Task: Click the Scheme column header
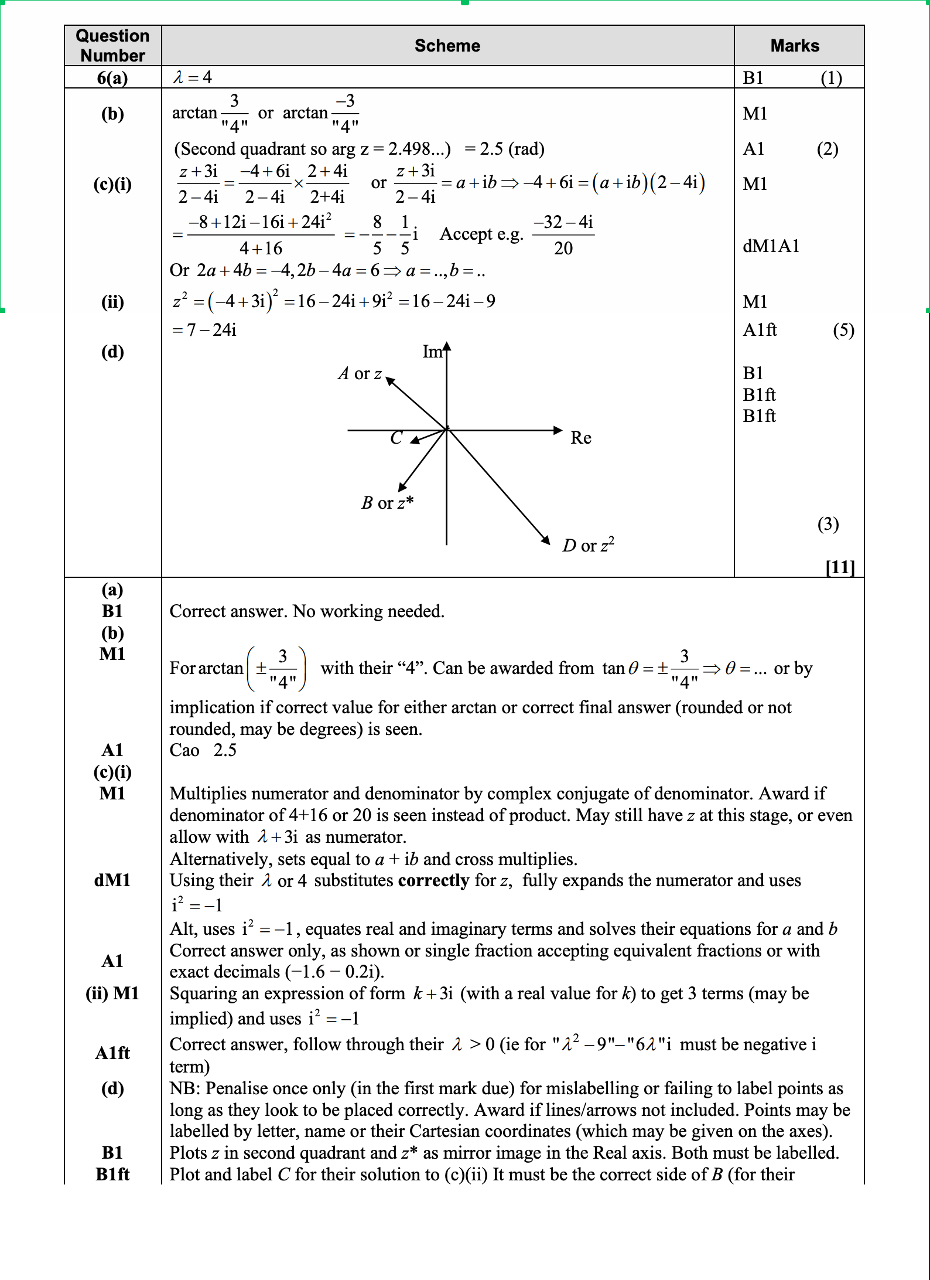click(x=447, y=46)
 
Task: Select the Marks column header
click(x=795, y=46)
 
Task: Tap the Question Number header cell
click(x=112, y=46)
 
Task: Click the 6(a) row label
click(x=112, y=78)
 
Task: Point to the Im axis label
click(x=432, y=352)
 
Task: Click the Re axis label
click(x=580, y=438)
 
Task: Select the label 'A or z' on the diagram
click(x=360, y=374)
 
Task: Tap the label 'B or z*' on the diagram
click(x=387, y=503)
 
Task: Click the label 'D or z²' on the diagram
click(x=588, y=545)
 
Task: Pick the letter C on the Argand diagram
click(x=396, y=438)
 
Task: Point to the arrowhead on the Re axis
click(x=558, y=430)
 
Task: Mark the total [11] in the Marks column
click(x=840, y=567)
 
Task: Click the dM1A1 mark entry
click(x=771, y=246)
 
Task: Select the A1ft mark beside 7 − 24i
click(x=760, y=330)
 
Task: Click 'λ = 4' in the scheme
click(x=193, y=77)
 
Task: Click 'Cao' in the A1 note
click(x=184, y=750)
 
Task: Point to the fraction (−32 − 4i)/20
click(x=563, y=235)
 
